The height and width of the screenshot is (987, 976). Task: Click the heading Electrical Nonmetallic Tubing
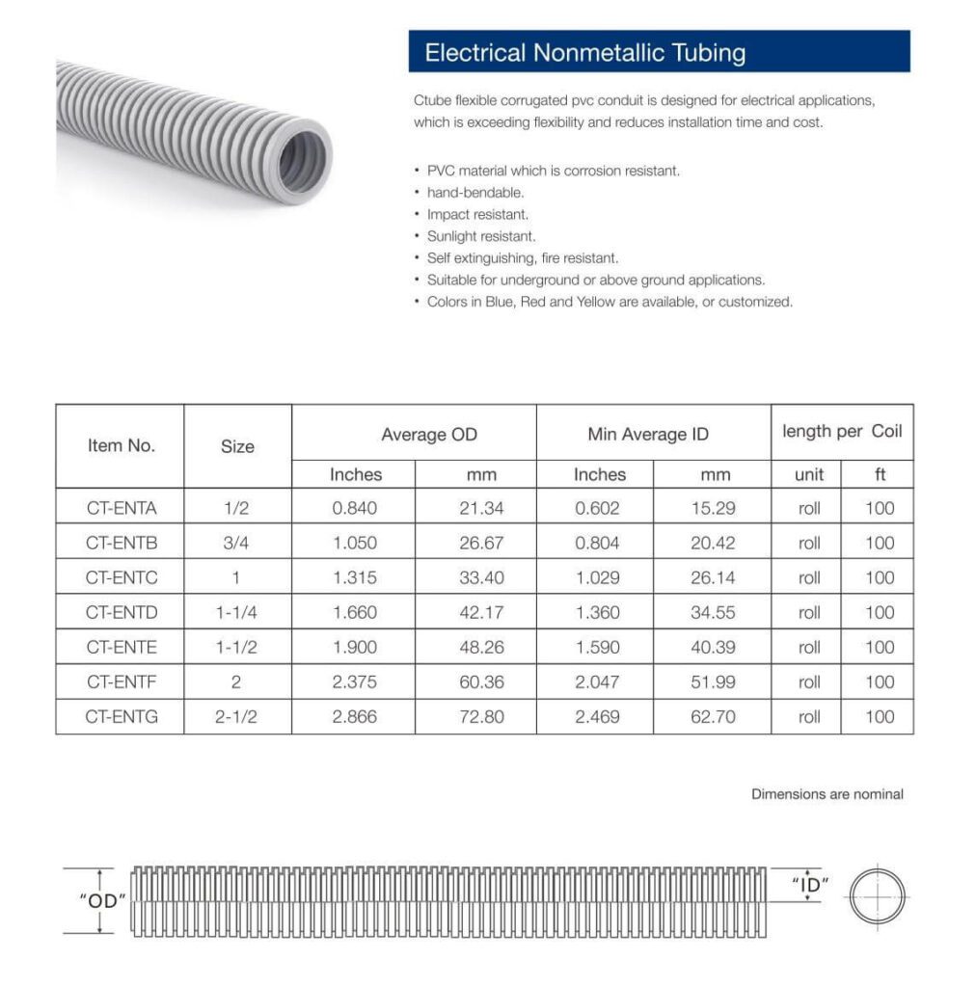584,52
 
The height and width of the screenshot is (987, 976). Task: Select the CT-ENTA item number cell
121,508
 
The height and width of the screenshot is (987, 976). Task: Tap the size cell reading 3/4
236,543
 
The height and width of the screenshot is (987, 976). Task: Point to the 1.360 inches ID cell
597,612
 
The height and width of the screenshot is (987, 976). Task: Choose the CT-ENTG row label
121,716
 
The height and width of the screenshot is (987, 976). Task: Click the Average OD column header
428,435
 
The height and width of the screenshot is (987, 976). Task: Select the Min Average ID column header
648,435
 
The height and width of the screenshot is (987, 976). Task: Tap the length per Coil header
842,431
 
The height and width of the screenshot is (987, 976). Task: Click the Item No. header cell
121,445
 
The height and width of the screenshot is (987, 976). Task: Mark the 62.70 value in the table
713,716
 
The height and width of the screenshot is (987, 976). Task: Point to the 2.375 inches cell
354,681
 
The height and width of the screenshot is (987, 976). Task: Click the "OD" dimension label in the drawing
102,900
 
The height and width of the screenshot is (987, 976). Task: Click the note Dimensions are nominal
827,794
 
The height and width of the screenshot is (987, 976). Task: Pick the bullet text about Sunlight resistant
481,236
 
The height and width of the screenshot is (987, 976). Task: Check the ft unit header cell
880,474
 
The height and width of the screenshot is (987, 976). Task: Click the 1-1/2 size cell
236,647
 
